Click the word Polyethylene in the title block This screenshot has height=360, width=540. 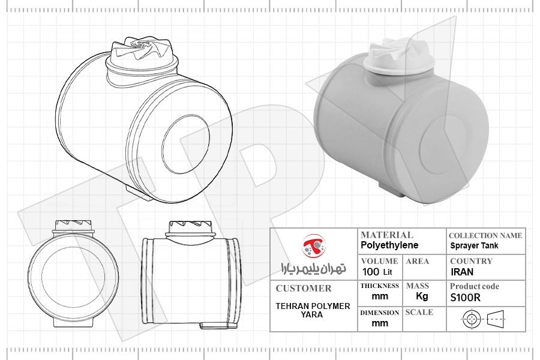[x=389, y=245]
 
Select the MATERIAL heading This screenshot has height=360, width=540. [x=387, y=235]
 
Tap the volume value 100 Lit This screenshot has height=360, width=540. [x=377, y=272]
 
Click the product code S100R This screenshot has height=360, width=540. [x=465, y=298]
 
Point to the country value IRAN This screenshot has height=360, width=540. [x=462, y=272]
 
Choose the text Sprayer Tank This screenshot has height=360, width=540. [x=474, y=245]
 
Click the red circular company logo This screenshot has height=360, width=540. [x=314, y=245]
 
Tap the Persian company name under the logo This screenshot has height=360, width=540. [x=313, y=268]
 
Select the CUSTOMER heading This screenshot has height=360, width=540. [x=304, y=289]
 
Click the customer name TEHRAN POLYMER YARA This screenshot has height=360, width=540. [x=313, y=310]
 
